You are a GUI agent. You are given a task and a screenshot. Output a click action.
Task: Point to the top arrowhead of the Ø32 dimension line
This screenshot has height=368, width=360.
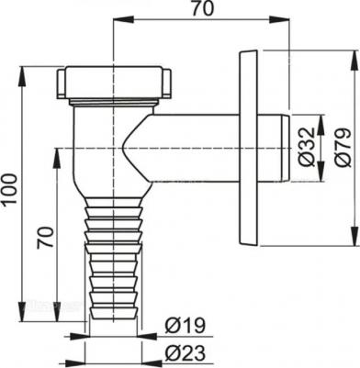click(319, 117)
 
